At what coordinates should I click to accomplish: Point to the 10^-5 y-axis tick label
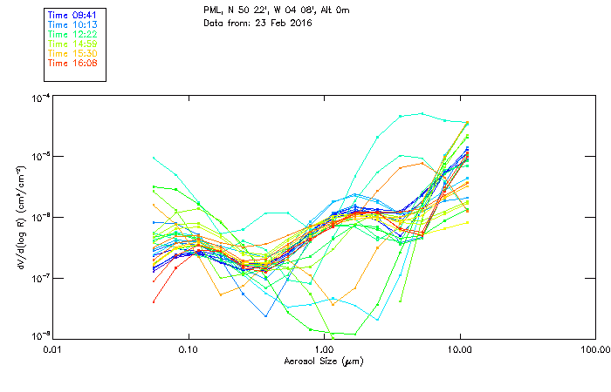point(40,157)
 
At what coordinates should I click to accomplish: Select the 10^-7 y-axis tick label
point(40,277)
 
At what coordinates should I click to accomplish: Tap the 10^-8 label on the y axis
point(40,335)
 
